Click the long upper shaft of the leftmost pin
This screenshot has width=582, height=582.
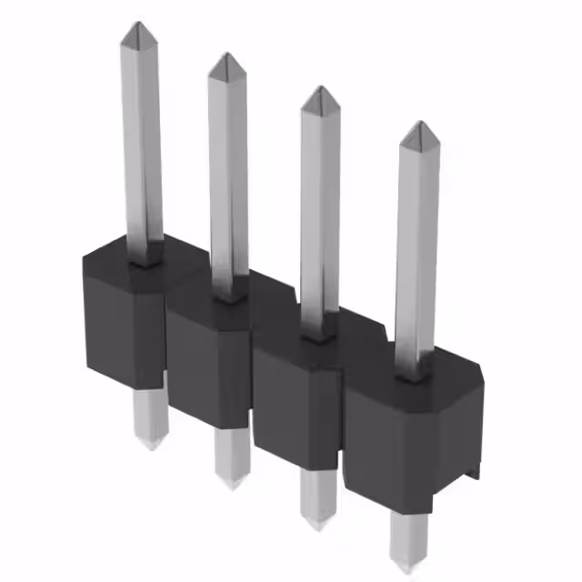142,136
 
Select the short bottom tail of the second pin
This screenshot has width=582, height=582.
232,459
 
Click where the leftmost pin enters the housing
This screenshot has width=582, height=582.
144,257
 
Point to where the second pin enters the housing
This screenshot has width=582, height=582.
229,294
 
